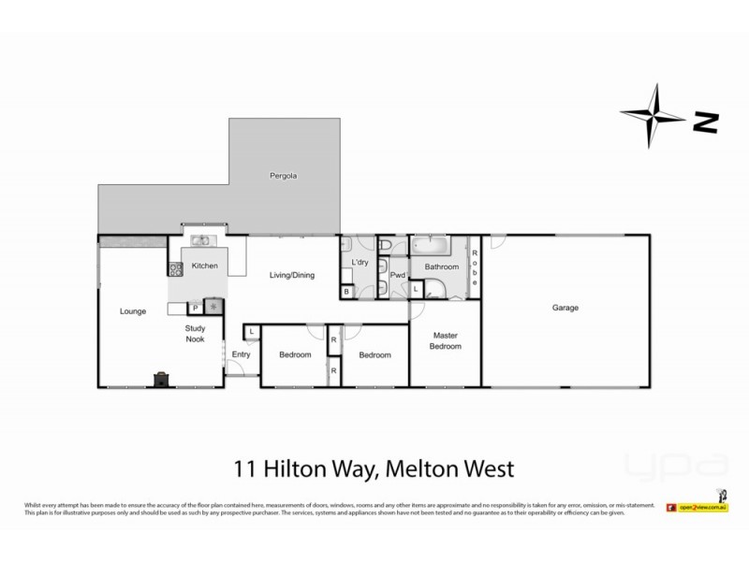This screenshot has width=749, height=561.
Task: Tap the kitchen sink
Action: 201,240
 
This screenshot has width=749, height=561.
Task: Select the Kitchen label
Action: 205,266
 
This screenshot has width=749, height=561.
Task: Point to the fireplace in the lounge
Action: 161,379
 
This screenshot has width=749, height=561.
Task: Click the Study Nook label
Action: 195,334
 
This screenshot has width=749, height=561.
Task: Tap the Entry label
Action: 241,354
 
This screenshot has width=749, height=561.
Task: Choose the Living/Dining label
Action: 292,275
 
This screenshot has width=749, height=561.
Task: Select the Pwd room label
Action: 398,275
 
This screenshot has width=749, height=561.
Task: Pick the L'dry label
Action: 360,263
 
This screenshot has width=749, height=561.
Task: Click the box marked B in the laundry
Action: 347,293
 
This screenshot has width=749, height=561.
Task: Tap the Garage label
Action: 565,308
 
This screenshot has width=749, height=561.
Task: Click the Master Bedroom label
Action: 446,340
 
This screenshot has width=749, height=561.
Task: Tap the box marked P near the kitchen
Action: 196,308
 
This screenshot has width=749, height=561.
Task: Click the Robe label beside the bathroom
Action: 476,268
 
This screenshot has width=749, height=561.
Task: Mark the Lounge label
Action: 133,311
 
